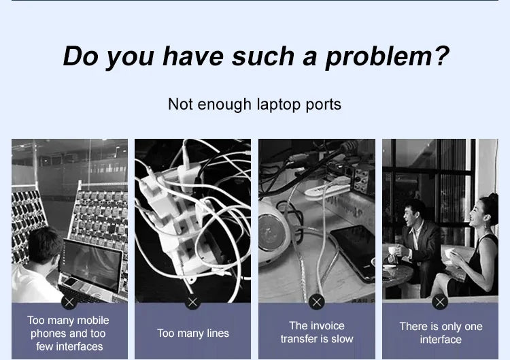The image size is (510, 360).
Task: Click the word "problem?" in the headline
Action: [x=388, y=57]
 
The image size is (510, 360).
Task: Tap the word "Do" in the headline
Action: [x=80, y=56]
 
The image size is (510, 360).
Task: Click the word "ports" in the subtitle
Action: [x=323, y=105]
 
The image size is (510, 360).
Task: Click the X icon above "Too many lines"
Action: [x=192, y=302]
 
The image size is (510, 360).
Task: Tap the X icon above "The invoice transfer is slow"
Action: [x=316, y=302]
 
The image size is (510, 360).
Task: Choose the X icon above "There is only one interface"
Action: [x=440, y=302]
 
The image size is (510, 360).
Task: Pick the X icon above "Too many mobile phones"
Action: [x=69, y=302]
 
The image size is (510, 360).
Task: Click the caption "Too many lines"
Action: [x=193, y=333]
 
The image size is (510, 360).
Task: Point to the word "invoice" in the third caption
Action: [x=326, y=326]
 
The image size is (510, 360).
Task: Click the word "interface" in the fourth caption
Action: [x=441, y=340]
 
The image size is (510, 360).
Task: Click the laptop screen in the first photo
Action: [x=90, y=264]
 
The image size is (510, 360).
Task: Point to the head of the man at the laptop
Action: [x=45, y=246]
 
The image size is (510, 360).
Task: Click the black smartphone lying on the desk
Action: [x=352, y=253]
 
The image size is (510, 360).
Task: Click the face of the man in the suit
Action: [x=410, y=214]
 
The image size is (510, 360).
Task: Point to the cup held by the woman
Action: [x=450, y=253]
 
